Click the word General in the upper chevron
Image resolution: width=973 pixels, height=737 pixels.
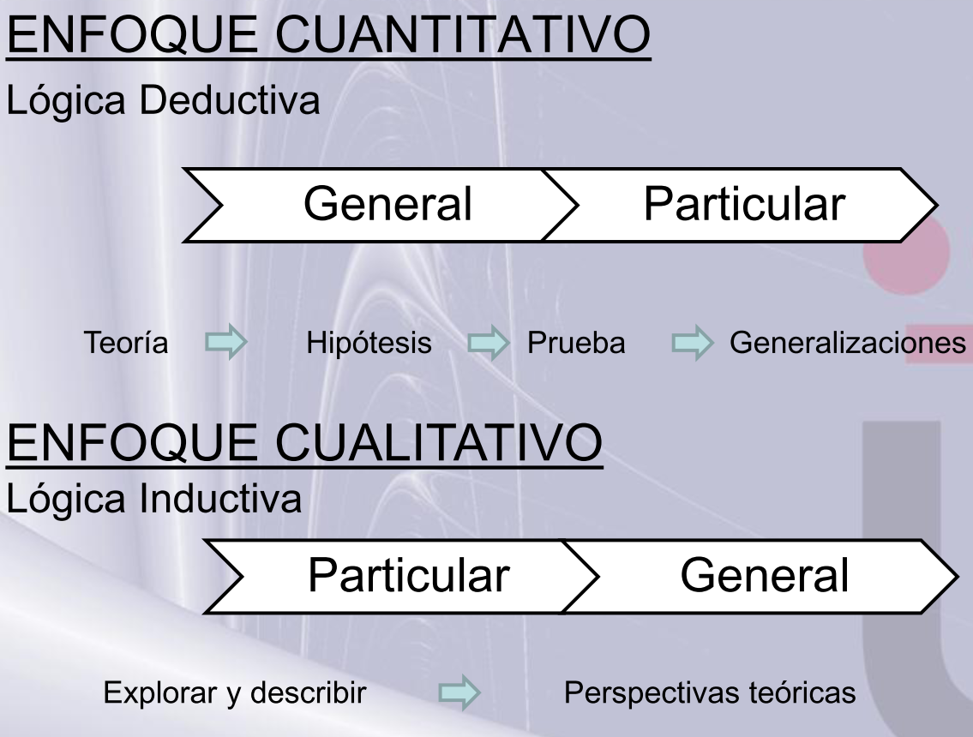pyautogui.click(x=389, y=204)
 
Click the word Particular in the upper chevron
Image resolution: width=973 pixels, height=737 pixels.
pyautogui.click(x=744, y=204)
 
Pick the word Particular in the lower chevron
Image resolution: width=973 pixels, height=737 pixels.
pyautogui.click(x=408, y=575)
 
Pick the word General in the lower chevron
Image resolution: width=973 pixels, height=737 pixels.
pyautogui.click(x=765, y=575)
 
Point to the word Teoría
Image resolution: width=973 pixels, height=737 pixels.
pyautogui.click(x=126, y=345)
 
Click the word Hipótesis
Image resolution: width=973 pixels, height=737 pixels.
pyautogui.click(x=369, y=345)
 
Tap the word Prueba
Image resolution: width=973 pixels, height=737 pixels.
pyautogui.click(x=576, y=345)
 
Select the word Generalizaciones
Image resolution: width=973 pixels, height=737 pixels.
pyautogui.click(x=845, y=345)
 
